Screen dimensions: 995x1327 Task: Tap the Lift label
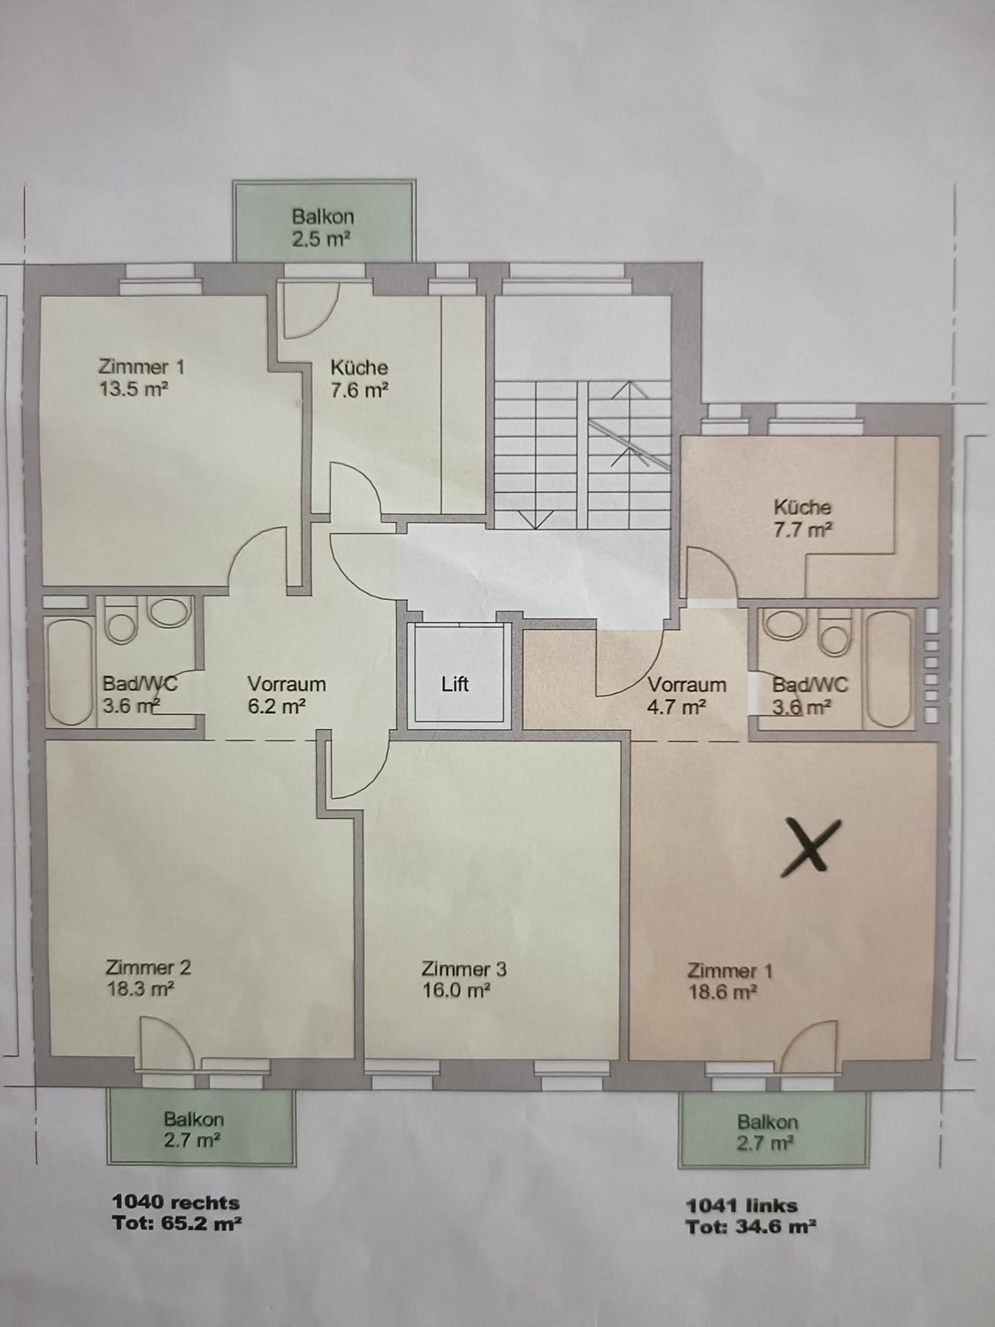coord(455,684)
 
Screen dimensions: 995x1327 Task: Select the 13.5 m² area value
coord(133,388)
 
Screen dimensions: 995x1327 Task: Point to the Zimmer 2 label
coord(148,967)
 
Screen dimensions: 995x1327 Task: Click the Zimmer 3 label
coord(464,969)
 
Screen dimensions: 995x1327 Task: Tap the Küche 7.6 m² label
coord(359,379)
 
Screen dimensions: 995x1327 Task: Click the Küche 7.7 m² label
coord(803,518)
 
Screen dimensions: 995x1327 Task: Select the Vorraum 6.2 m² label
coord(287,694)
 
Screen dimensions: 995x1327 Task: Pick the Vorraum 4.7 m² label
coord(687,695)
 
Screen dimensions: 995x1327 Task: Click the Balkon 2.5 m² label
coord(323,227)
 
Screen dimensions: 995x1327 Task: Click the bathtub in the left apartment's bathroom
coord(70,671)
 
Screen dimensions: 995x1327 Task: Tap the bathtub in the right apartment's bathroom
coord(889,669)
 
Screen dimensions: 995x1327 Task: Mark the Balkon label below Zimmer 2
coord(194,1119)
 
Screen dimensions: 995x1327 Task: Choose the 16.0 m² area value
coord(455,991)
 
